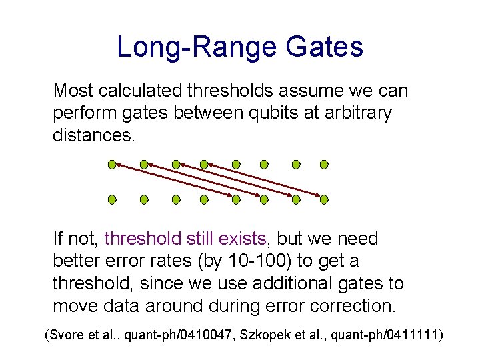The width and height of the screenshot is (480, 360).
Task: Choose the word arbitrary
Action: coord(356,113)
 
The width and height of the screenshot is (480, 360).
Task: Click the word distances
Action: coord(93,137)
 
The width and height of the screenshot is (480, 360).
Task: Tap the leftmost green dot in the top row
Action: coord(112,164)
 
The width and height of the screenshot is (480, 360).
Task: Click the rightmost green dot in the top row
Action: coord(324,164)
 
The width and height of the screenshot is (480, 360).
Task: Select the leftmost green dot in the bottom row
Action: coord(112,199)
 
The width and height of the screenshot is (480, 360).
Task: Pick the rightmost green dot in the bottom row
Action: coord(324,199)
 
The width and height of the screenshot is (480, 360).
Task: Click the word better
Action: coord(79,261)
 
